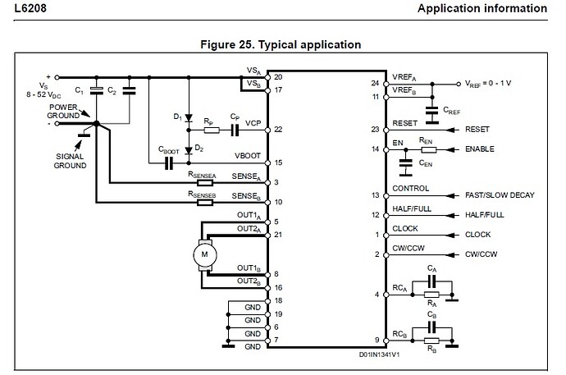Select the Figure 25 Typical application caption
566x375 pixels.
283,44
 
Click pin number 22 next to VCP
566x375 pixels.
278,130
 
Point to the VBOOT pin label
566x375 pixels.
250,156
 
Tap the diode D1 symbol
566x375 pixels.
188,117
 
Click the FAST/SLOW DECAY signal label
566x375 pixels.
499,195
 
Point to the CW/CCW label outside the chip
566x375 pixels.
483,254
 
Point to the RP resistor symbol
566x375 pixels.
211,130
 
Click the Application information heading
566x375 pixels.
482,9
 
